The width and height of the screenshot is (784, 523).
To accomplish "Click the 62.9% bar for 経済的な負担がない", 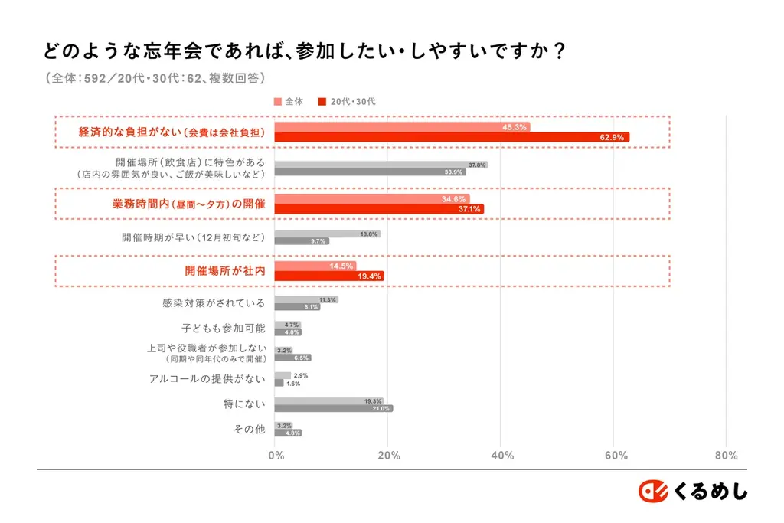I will click(x=452, y=138).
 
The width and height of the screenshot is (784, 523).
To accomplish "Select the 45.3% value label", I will click(x=514, y=127).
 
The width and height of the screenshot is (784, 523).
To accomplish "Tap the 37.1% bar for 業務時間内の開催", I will click(x=379, y=209).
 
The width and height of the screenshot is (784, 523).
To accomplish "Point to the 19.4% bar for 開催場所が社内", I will click(x=329, y=276).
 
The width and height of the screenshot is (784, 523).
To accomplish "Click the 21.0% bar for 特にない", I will click(x=333, y=409).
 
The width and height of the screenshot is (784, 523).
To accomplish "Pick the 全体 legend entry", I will click(x=289, y=101).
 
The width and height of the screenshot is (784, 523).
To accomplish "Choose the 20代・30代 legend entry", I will click(x=347, y=101).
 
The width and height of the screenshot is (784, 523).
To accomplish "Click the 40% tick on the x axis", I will click(x=501, y=456).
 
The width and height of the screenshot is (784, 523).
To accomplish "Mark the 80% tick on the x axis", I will click(x=726, y=456).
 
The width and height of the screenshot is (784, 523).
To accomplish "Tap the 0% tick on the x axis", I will click(x=276, y=456).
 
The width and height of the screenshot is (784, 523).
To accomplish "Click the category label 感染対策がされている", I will click(x=214, y=303).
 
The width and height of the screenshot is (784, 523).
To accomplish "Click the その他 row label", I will click(x=249, y=429).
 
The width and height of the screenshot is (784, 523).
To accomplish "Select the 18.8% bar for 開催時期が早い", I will click(x=327, y=234).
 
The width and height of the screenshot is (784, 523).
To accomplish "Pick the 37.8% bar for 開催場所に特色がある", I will click(x=381, y=165).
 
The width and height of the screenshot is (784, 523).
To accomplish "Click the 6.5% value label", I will click(x=302, y=358).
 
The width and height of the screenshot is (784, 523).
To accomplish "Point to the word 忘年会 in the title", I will click(x=196, y=51).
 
